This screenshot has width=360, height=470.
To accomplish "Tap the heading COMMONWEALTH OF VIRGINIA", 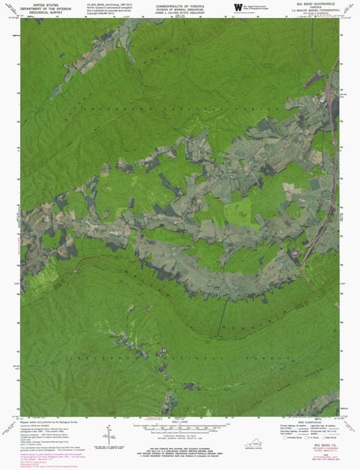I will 178,4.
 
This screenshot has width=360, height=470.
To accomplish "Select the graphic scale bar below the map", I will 178,426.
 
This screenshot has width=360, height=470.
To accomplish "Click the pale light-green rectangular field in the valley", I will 238,208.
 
